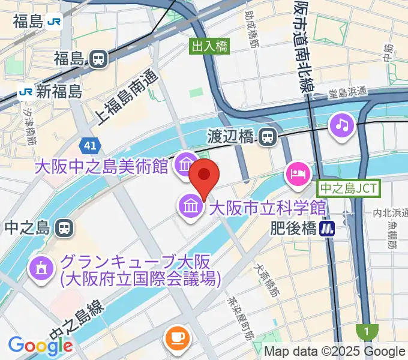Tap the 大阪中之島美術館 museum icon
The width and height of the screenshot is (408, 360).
(x=185, y=163)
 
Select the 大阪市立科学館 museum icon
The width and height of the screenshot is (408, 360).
(x=191, y=208)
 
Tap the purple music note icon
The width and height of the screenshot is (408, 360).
(x=343, y=125)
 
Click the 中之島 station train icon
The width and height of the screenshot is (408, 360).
(x=62, y=228)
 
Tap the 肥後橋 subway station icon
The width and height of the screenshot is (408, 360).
(x=328, y=228)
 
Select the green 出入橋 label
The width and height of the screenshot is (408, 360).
(x=209, y=46)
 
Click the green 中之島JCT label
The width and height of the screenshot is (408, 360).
(x=349, y=188)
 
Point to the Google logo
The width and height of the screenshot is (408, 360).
(x=40, y=346)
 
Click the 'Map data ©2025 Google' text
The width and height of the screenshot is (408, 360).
(x=335, y=352)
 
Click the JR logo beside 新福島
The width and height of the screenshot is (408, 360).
(x=25, y=92)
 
